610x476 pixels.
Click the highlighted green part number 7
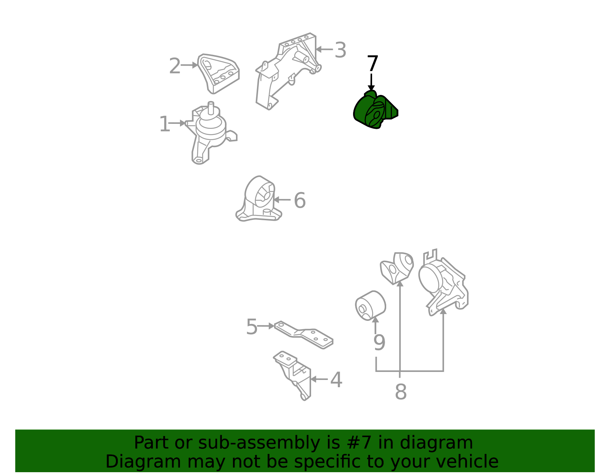pos(375,110)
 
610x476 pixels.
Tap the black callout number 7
pos(372,63)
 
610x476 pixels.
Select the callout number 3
pos(340,50)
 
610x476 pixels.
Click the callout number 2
pos(175,66)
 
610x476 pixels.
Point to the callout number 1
pos(164,124)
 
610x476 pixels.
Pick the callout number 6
pos(300,200)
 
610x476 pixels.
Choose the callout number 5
pos(252,327)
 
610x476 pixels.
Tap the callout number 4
pos(336,380)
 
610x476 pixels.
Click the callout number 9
pos(379,342)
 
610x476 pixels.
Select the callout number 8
pos(401,391)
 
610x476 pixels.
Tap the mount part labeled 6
pos(258,199)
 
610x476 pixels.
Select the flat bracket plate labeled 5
pos(303,335)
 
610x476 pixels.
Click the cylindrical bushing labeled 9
pos(370,306)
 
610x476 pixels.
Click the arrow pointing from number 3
pos(324,50)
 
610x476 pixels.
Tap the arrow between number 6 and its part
pos(282,200)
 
